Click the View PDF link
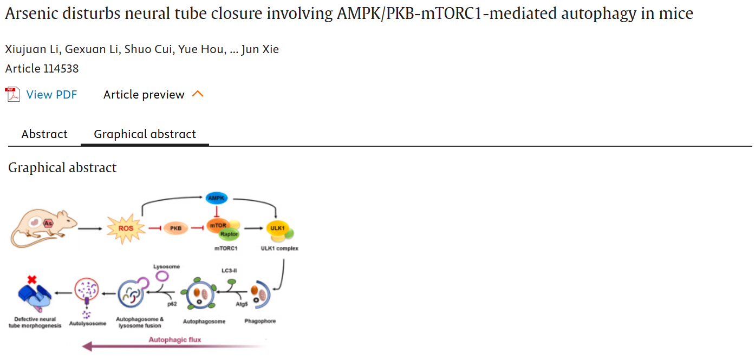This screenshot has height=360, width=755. click(x=51, y=95)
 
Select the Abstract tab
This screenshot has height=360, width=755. click(x=44, y=134)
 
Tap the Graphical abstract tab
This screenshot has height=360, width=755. click(x=145, y=134)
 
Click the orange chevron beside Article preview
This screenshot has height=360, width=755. click(x=198, y=94)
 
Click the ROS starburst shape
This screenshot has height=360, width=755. click(x=126, y=228)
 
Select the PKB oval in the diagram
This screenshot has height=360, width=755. click(x=175, y=228)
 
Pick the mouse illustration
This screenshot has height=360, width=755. click(x=43, y=224)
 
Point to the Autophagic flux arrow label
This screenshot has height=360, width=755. click(x=175, y=340)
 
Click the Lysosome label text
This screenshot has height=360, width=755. click(x=166, y=266)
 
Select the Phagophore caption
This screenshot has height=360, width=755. click(x=260, y=321)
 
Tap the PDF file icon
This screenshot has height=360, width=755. click(x=12, y=95)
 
